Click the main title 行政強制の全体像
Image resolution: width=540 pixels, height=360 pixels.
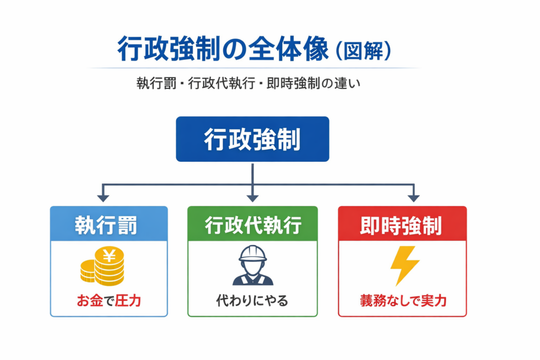[221, 50]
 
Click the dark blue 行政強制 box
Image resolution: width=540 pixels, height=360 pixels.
[252, 139]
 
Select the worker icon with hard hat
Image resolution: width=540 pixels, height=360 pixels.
[253, 266]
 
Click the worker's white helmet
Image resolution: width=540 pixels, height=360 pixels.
[253, 254]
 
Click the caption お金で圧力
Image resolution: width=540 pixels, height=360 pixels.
[109, 301]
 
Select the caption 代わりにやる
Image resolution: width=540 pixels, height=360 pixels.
[253, 301]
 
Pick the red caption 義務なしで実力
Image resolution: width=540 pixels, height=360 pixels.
[403, 301]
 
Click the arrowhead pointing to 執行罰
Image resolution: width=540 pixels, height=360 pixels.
[103, 198]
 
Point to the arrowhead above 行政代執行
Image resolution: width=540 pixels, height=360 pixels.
[253, 198]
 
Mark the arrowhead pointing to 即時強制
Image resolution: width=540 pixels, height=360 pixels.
[413, 198]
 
